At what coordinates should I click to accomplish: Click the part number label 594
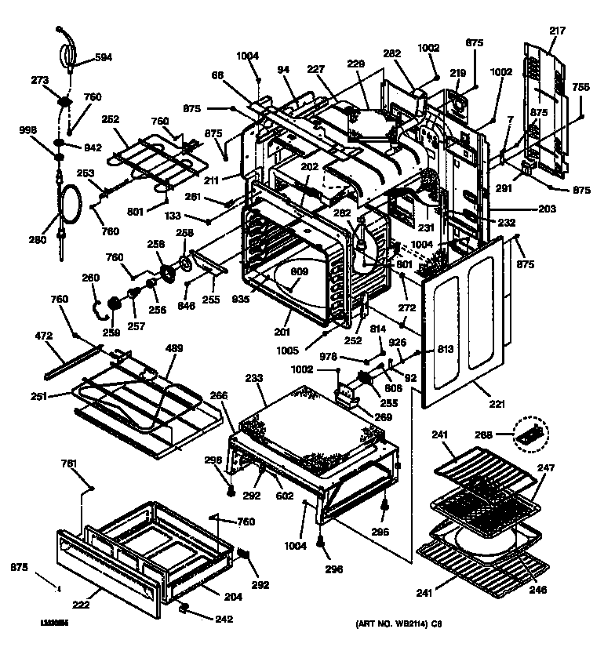pos(104,57)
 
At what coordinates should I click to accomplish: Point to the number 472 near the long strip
pos(43,336)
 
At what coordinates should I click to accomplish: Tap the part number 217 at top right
pos(557,31)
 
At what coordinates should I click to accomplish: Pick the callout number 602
pos(284,496)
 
